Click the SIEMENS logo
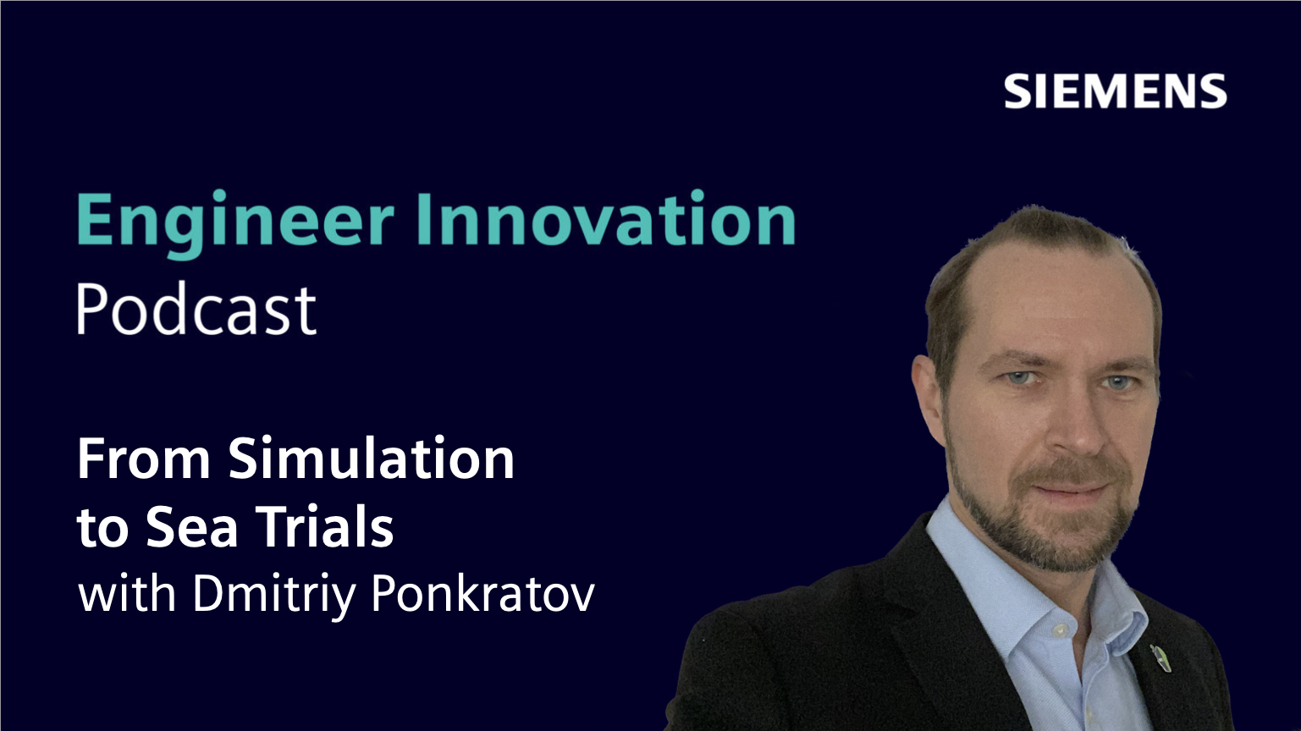coord(1115,91)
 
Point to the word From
coord(144,459)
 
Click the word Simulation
coord(372,458)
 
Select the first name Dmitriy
coord(273,596)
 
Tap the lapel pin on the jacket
coord(1160,658)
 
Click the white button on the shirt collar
coord(1061,629)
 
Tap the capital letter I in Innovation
coord(423,218)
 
